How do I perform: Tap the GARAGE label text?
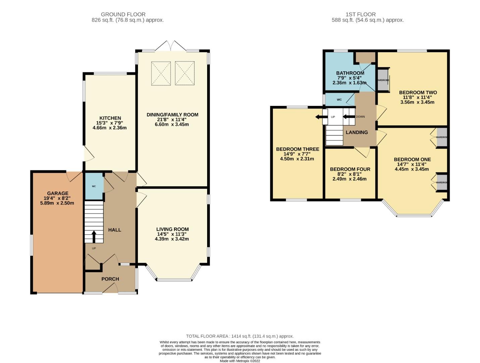point(58,193)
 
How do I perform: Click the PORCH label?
point(110,279)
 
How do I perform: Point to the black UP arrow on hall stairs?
point(94,236)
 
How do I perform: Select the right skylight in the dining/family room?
point(185,72)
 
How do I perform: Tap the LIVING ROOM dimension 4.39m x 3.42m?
point(172,239)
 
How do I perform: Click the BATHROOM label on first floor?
point(350,73)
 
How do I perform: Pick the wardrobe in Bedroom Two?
point(383,80)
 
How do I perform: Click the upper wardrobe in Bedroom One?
point(441,137)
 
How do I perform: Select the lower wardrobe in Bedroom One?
point(441,183)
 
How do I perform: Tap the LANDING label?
point(356,132)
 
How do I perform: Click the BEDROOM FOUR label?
point(350,169)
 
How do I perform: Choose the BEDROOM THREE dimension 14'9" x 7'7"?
point(297,154)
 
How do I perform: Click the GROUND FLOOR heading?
point(123,14)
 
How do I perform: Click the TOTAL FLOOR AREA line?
point(240,336)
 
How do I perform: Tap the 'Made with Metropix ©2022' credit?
point(240,361)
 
